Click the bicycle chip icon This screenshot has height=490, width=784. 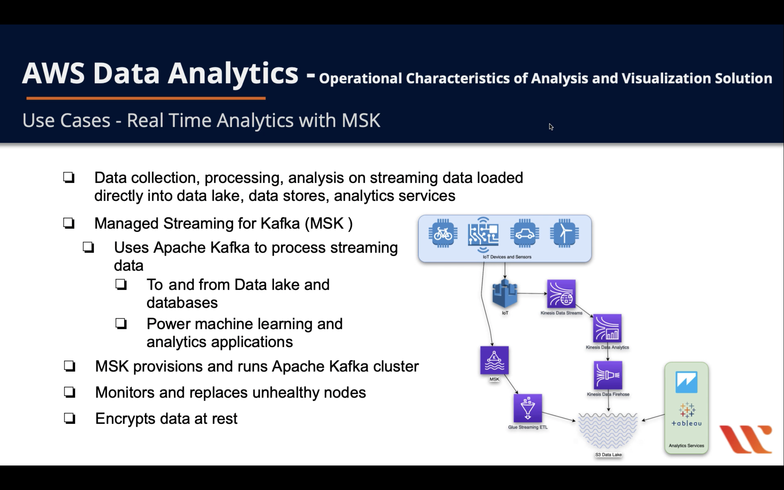point(443,233)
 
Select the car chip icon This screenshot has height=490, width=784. point(525,233)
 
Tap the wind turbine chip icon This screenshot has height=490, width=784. point(564,233)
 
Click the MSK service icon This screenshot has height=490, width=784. point(494,360)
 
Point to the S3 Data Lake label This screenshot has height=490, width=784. point(608,455)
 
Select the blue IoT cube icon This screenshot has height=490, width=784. point(504,293)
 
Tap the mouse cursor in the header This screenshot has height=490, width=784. point(551,127)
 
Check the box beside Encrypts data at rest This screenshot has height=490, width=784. point(70,418)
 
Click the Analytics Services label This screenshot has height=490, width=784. point(686,446)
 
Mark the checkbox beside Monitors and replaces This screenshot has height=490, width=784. point(70,392)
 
